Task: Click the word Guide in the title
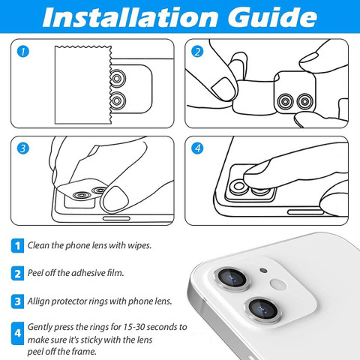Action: (x=272, y=17)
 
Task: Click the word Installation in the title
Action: (x=130, y=17)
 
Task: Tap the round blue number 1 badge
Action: (x=23, y=52)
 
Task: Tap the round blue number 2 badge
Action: (x=197, y=52)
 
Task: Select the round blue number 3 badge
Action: (x=23, y=148)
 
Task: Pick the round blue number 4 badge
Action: (x=197, y=148)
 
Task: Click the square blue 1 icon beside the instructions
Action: (x=17, y=246)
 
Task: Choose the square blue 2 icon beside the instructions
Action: (x=17, y=274)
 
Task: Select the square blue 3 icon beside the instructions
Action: (x=17, y=301)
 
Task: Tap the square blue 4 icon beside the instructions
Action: (x=17, y=333)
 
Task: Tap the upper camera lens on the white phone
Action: (x=232, y=279)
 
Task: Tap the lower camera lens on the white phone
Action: (x=263, y=310)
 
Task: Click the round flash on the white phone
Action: (x=278, y=284)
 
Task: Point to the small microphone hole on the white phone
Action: (x=263, y=270)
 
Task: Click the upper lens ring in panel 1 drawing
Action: (x=117, y=79)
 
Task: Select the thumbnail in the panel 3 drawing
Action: (x=115, y=199)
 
